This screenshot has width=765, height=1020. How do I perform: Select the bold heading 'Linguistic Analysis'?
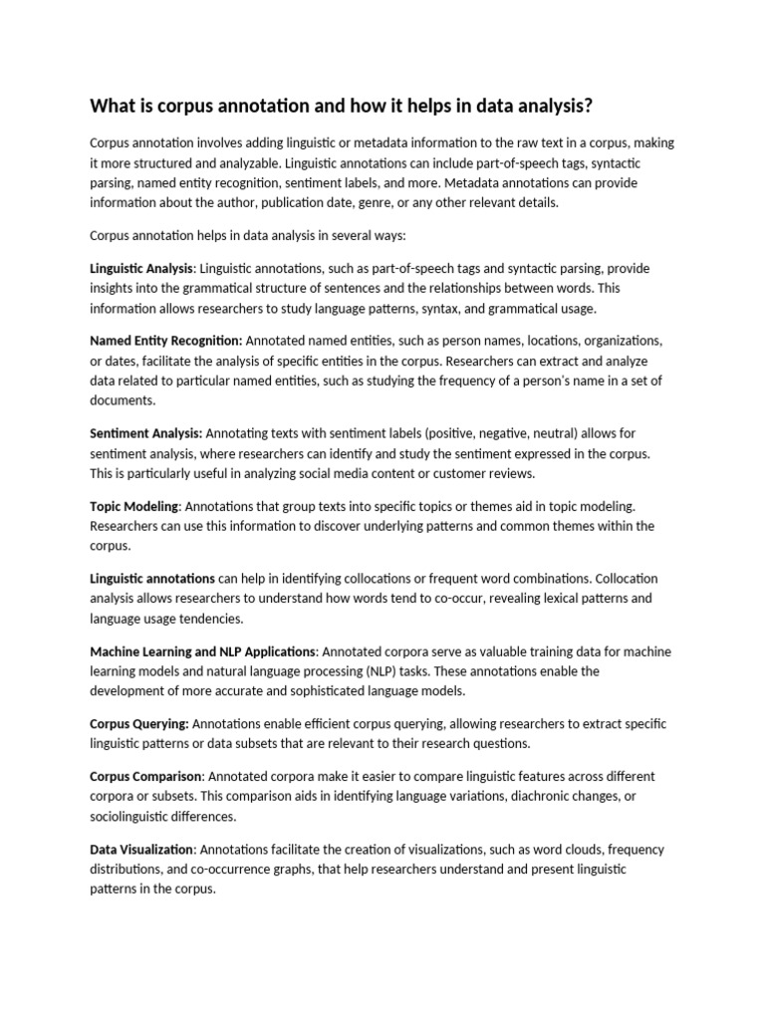pyautogui.click(x=141, y=268)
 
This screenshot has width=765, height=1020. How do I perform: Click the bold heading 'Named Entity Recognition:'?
pyautogui.click(x=166, y=340)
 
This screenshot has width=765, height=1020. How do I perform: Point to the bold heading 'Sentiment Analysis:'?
pyautogui.click(x=146, y=433)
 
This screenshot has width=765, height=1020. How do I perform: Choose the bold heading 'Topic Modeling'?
pyautogui.click(x=134, y=506)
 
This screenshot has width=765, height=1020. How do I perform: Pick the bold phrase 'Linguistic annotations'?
pyautogui.click(x=152, y=579)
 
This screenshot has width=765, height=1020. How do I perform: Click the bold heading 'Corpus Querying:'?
pyautogui.click(x=138, y=723)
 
